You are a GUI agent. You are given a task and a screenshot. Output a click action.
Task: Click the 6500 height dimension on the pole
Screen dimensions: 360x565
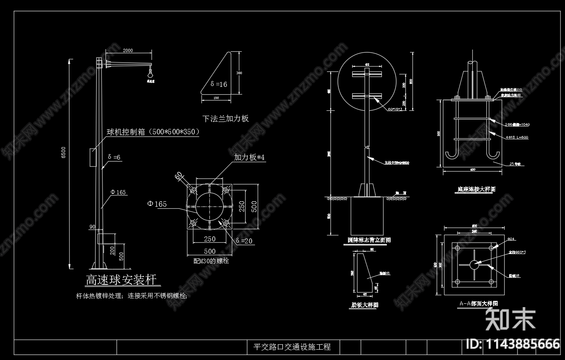63,153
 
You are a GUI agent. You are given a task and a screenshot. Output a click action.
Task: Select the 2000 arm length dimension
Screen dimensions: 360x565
128,50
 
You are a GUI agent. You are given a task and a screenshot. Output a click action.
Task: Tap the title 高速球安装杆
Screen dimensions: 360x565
121,280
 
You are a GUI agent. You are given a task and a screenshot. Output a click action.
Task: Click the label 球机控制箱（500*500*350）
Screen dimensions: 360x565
153,132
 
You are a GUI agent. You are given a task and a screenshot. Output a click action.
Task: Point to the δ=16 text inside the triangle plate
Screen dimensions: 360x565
219,84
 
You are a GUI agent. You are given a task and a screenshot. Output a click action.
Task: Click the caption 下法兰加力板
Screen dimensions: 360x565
225,119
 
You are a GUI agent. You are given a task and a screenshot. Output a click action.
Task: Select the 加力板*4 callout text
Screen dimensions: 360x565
249,157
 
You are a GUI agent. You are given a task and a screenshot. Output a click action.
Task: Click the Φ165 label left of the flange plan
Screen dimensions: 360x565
157,204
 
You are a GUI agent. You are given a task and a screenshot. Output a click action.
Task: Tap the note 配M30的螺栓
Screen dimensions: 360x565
211,261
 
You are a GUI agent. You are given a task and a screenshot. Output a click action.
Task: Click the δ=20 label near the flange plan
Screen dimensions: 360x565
244,241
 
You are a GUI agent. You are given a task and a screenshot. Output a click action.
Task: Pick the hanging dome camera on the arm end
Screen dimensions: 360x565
150,74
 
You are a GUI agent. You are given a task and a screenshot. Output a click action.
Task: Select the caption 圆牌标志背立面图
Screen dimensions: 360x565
369,240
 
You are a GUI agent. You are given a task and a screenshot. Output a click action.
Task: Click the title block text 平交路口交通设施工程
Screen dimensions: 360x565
292,347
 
